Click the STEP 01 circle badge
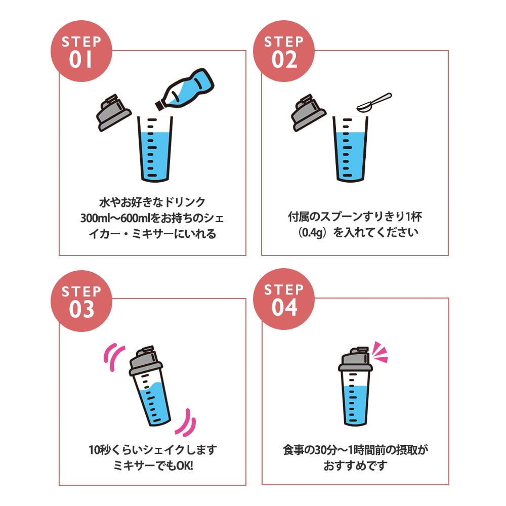81,51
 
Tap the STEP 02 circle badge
284,51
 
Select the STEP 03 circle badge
81,301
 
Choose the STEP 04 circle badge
284,299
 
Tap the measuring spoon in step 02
374,102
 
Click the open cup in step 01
155,149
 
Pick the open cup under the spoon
351,149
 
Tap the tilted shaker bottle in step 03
149,386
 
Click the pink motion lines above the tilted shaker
113,357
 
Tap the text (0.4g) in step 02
312,232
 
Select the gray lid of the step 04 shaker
355,359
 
